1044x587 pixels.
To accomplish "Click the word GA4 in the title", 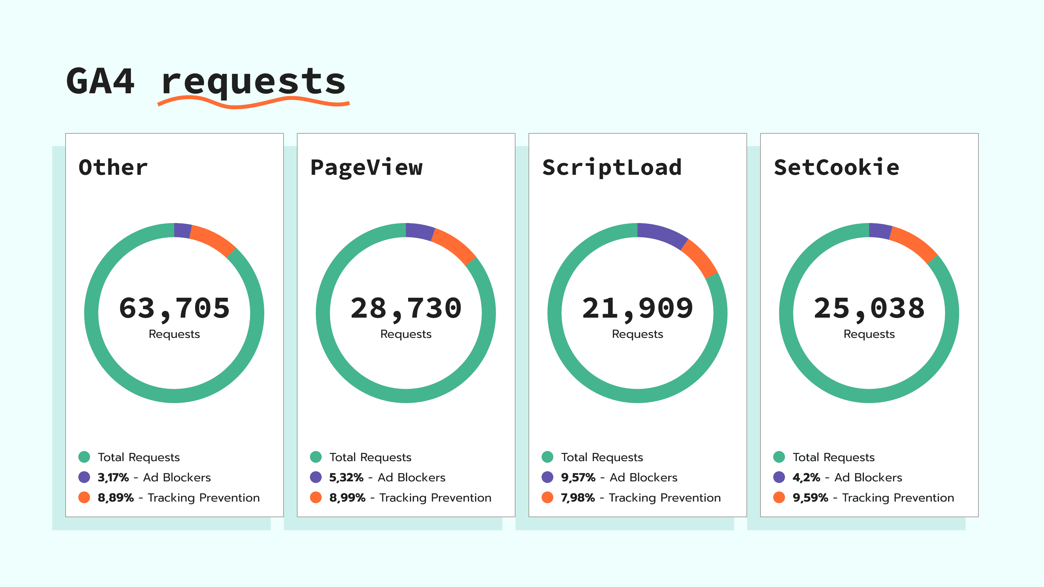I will [x=100, y=82].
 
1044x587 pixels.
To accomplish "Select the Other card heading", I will [x=113, y=167].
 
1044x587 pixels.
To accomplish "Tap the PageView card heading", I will [x=366, y=167].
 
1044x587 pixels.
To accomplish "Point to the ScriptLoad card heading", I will [x=612, y=167].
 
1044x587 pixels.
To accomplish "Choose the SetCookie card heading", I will [x=836, y=167].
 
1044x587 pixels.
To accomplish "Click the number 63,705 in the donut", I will [x=174, y=308].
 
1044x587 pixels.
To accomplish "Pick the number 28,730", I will [x=406, y=308].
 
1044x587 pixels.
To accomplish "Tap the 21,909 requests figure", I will [x=637, y=308].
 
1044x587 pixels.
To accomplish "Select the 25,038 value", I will [x=869, y=308].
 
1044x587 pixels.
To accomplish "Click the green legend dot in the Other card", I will [x=84, y=457].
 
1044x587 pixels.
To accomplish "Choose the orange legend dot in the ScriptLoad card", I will [x=547, y=497].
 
